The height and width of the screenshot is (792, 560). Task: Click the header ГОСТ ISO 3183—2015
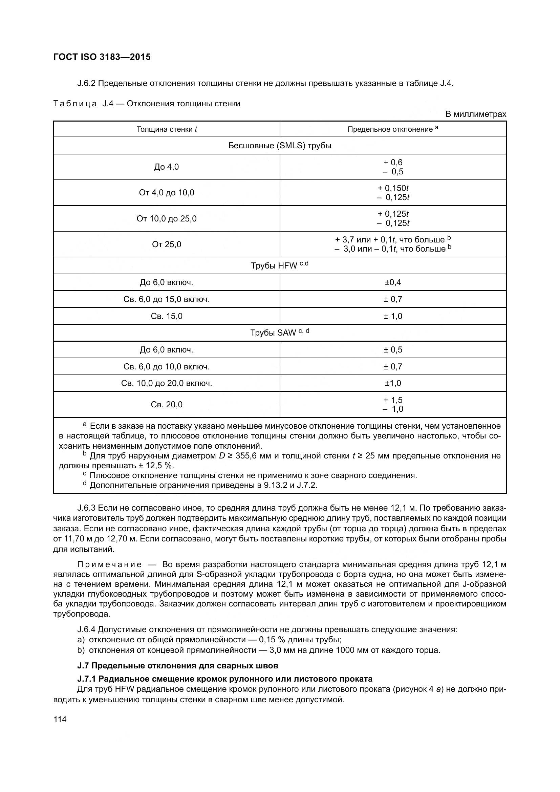tap(102, 57)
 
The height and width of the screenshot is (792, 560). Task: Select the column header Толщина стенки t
tap(167, 129)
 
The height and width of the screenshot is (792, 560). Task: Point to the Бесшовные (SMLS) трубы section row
tap(280, 146)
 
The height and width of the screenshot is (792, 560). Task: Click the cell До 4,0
tap(167, 167)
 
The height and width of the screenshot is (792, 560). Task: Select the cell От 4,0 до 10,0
tap(167, 192)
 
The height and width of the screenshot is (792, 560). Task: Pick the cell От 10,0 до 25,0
tap(167, 219)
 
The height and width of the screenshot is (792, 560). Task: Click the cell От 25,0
tap(167, 244)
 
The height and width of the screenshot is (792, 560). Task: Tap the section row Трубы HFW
tap(280, 265)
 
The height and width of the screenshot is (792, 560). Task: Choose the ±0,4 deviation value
tap(393, 282)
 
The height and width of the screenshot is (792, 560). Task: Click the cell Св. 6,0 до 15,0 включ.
tap(167, 299)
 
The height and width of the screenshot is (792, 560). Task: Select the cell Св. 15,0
tap(167, 316)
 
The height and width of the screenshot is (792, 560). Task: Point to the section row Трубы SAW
tap(280, 333)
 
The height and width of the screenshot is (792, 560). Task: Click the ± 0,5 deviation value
tap(393, 350)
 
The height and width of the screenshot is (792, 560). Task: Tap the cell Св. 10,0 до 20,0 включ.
tap(167, 383)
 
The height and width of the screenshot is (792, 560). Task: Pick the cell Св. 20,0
tap(167, 405)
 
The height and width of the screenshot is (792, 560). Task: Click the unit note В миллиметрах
tap(475, 114)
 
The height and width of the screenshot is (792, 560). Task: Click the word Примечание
tap(109, 565)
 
